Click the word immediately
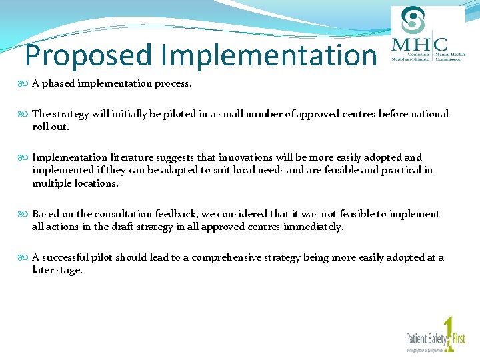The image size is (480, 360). click(x=313, y=227)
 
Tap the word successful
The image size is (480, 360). click(x=67, y=257)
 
